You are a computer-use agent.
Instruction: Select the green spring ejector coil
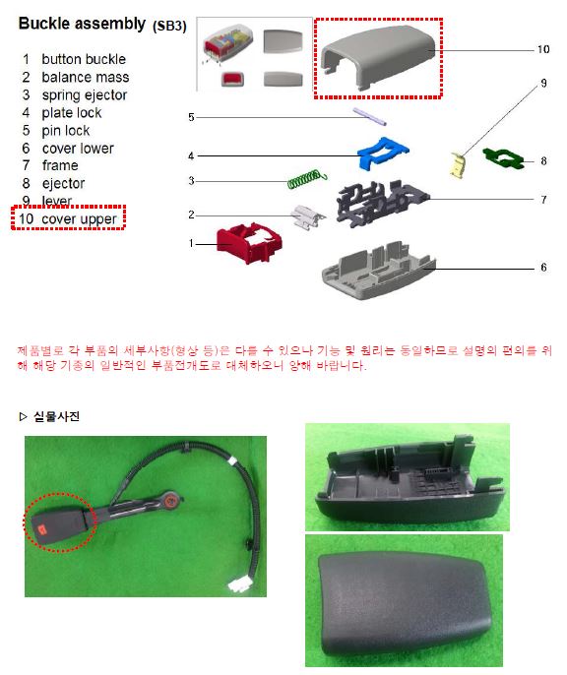pos(307,179)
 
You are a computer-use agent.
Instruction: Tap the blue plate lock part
pos(382,153)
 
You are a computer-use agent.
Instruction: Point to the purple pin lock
pos(369,116)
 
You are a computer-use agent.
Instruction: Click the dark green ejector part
pos(503,158)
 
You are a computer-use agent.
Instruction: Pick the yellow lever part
pos(457,165)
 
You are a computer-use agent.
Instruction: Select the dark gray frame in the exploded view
pos(380,203)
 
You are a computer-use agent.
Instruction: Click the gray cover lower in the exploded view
pos(379,271)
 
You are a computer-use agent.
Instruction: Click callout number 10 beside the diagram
pos(543,49)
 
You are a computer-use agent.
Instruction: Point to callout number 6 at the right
pos(543,268)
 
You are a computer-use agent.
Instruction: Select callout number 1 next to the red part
pos(191,244)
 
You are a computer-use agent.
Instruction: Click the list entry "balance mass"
pos(86,77)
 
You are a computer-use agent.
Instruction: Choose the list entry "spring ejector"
pos(85,95)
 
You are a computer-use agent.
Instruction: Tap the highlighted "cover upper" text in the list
pos(79,219)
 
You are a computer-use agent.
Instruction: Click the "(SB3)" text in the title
pos(169,26)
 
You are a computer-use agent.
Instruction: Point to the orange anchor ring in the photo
pos(170,500)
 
